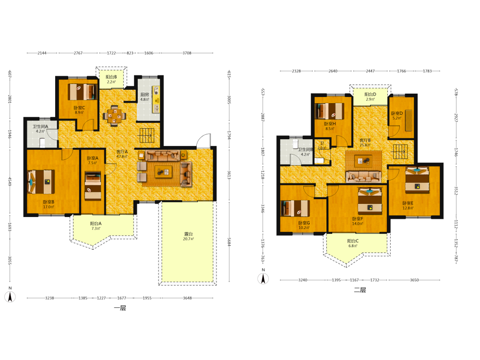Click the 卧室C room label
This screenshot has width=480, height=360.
(x=79, y=108)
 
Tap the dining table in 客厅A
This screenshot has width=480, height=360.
(x=115, y=116)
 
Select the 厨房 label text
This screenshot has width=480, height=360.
(x=144, y=95)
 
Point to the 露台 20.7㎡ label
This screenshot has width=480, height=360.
(x=188, y=236)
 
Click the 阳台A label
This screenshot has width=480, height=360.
(x=96, y=224)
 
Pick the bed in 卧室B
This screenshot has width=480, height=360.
(x=41, y=182)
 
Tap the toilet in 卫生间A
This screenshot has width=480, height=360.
(x=43, y=143)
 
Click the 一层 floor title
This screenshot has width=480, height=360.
(x=120, y=308)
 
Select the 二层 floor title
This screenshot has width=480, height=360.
(x=360, y=290)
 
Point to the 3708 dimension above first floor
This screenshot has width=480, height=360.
(x=187, y=53)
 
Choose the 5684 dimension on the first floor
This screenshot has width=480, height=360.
(x=229, y=242)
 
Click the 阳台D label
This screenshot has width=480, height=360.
(x=371, y=94)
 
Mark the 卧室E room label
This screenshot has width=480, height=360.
(x=408, y=203)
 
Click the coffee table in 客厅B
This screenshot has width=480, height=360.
(x=363, y=161)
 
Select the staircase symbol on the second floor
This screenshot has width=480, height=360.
(x=400, y=152)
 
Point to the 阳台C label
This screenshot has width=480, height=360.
(x=353, y=241)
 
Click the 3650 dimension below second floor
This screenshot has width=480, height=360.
(x=415, y=280)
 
